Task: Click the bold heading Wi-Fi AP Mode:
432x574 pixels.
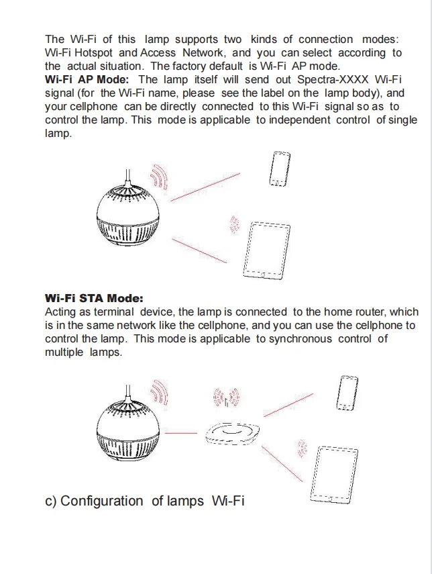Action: (x=87, y=79)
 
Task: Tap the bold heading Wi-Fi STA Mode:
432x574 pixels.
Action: (x=94, y=298)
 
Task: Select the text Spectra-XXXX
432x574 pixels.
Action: (x=333, y=79)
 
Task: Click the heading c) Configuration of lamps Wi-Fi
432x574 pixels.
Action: (x=144, y=501)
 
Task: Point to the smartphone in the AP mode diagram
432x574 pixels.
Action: (x=280, y=169)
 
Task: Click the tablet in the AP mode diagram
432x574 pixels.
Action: (x=267, y=250)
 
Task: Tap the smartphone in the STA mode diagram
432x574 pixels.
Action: (x=347, y=393)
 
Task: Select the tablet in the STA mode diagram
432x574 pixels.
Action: (x=334, y=475)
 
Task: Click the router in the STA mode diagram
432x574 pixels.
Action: (x=232, y=433)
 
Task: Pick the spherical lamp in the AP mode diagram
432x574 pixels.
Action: (x=128, y=212)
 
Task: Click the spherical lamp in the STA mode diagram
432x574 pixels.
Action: (x=128, y=426)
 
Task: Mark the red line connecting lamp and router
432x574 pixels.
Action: (x=180, y=433)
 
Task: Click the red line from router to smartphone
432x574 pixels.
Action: (x=288, y=405)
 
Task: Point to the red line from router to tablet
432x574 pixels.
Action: (x=282, y=464)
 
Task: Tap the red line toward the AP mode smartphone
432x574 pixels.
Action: (x=205, y=187)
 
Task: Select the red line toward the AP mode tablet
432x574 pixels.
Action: (x=199, y=251)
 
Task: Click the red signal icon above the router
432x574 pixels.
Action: (x=227, y=397)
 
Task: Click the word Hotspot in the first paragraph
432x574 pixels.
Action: (x=93, y=53)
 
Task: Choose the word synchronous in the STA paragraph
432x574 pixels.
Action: (x=301, y=338)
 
